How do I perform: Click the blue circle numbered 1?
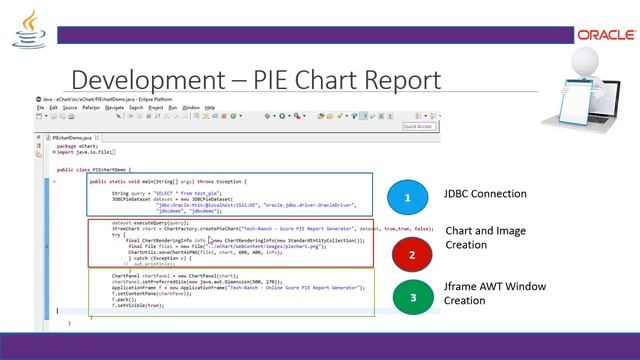click(408, 199)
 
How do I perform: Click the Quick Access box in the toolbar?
click(418, 126)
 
